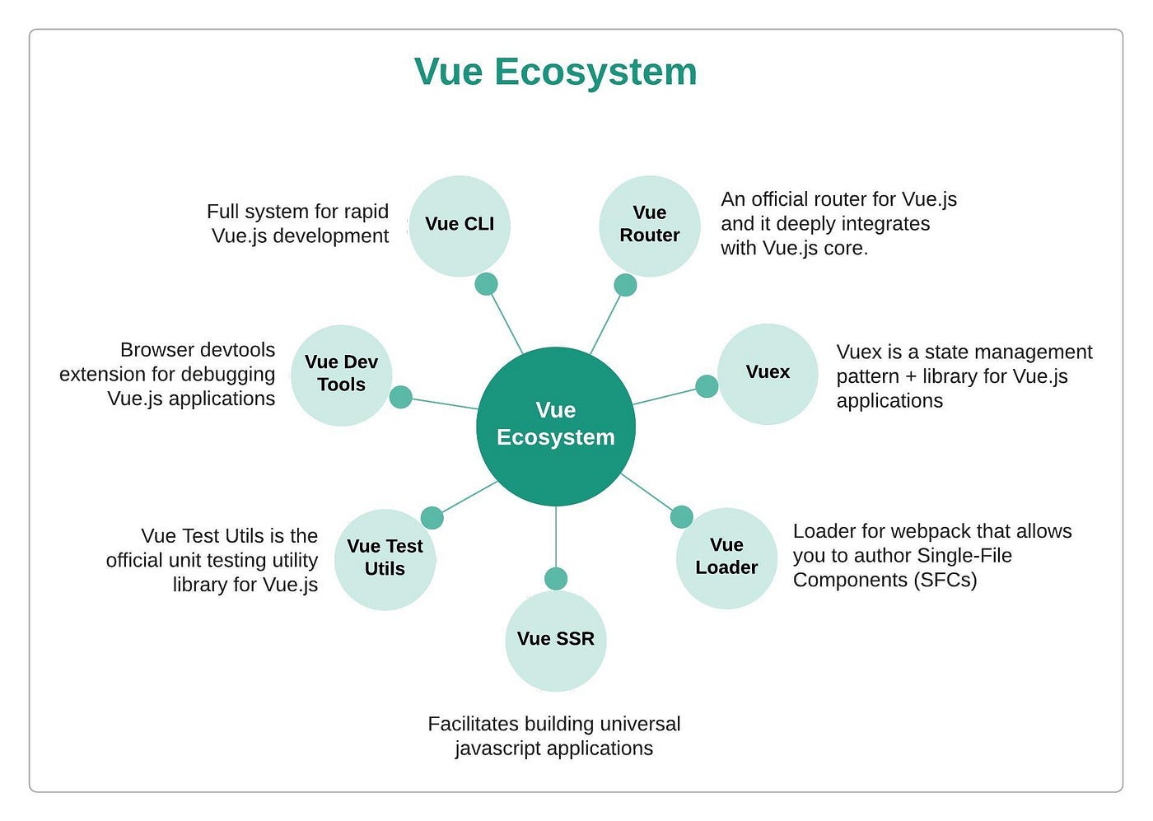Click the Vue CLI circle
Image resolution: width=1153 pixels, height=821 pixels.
pyautogui.click(x=460, y=225)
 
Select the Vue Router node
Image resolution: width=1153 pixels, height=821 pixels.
pyautogui.click(x=650, y=225)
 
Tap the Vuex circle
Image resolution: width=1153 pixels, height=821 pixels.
pyautogui.click(x=768, y=373)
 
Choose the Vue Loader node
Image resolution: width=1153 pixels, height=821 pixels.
pyautogui.click(x=726, y=557)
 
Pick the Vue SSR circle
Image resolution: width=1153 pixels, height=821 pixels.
pyautogui.click(x=556, y=640)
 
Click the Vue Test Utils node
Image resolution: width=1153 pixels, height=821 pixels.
pyautogui.click(x=385, y=559)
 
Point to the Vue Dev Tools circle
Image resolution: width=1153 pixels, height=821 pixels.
pyautogui.click(x=341, y=375)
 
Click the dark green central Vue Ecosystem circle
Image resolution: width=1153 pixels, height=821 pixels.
pyautogui.click(x=556, y=426)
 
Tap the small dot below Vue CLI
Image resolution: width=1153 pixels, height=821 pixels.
pyautogui.click(x=487, y=284)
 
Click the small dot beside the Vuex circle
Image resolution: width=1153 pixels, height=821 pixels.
pyautogui.click(x=707, y=385)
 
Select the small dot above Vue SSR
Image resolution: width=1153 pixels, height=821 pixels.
pyautogui.click(x=556, y=578)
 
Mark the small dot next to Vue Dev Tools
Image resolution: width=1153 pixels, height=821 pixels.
pyautogui.click(x=400, y=397)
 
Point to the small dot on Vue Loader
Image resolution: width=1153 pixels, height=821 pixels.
pyautogui.click(x=681, y=517)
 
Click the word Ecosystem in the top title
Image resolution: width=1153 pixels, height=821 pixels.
pyautogui.click(x=595, y=72)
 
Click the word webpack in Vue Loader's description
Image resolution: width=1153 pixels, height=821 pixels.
pyautogui.click(x=932, y=531)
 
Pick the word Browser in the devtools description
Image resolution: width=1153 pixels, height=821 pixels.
pyautogui.click(x=156, y=350)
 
